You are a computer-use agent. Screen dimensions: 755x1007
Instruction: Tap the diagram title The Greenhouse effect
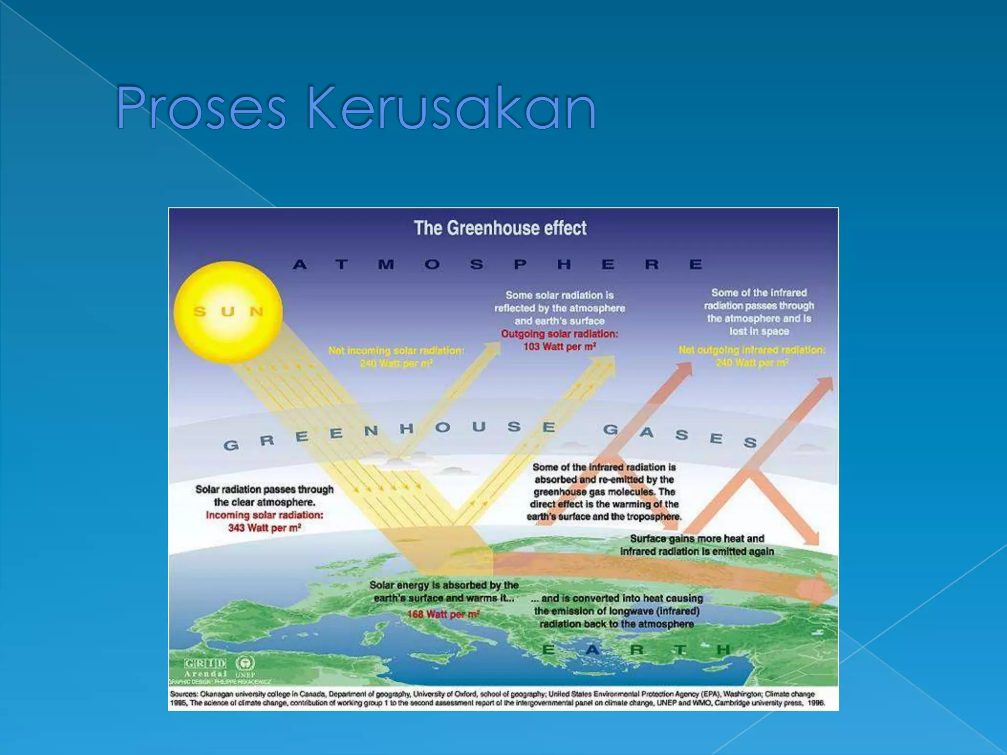coord(500,228)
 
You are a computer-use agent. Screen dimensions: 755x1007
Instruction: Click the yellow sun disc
coord(228,312)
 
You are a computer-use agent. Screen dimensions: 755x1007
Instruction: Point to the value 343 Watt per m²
coord(264,528)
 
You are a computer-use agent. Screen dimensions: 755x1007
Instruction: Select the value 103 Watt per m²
coord(560,347)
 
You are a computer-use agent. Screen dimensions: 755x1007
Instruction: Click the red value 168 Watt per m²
coord(443,614)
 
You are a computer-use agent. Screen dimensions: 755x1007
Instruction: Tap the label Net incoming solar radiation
coord(396,350)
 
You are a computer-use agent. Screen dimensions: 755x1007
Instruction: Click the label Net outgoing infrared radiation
coord(752,350)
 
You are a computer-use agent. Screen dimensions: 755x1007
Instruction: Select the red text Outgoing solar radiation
coord(560,334)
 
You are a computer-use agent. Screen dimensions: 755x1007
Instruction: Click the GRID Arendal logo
coord(206,668)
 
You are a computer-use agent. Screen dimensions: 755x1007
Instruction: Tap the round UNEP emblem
coord(245,664)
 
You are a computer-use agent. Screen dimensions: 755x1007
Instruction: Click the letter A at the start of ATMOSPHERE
coord(300,265)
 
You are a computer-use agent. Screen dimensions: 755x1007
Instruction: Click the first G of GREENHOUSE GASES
coord(231,445)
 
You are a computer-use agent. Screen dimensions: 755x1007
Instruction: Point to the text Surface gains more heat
coord(697,539)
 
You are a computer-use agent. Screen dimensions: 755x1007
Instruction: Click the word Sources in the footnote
coord(183,694)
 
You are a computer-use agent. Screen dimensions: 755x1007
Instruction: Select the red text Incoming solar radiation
coord(265,515)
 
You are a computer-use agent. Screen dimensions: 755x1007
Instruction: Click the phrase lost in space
coord(759,331)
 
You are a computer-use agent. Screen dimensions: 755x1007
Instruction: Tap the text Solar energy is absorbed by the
coord(444,585)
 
